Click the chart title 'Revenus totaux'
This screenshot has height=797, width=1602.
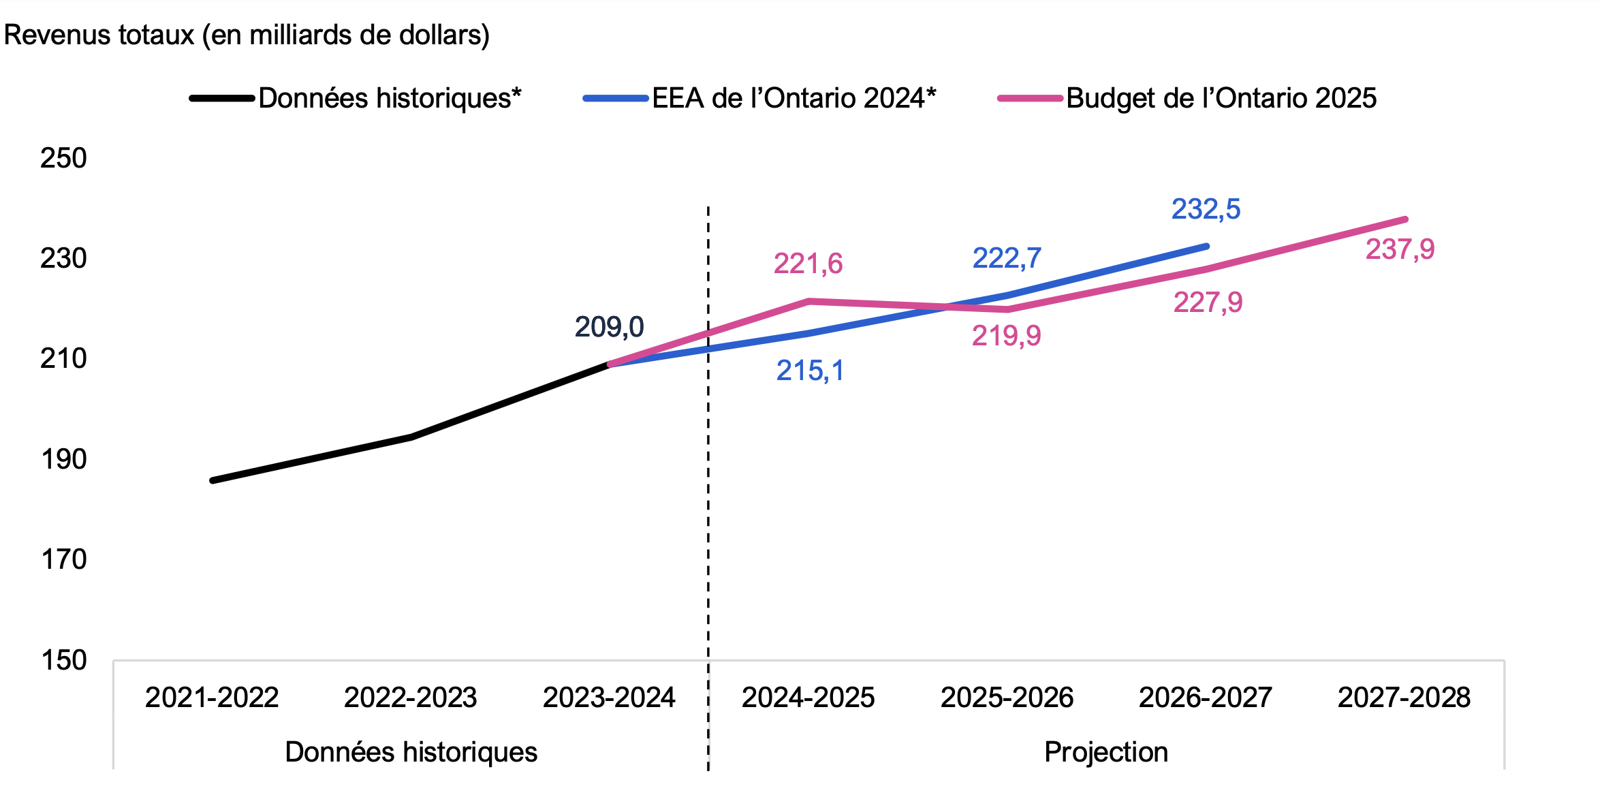click(247, 35)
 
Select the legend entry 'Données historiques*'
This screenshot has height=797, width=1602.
click(390, 98)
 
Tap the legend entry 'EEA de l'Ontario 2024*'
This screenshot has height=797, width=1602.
click(794, 98)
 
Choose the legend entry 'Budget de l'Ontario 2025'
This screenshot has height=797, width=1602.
click(1221, 98)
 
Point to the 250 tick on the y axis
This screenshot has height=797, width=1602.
click(63, 158)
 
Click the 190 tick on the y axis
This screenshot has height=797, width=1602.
click(63, 459)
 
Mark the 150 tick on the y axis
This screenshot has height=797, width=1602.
click(63, 660)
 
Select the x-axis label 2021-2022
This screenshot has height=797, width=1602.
click(212, 698)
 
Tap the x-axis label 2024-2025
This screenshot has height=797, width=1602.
click(808, 698)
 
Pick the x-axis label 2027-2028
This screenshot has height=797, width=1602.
click(1404, 698)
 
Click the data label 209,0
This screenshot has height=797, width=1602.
click(609, 327)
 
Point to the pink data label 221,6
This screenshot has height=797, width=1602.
click(808, 264)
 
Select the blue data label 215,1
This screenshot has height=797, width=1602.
click(810, 371)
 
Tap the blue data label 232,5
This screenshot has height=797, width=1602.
click(1206, 209)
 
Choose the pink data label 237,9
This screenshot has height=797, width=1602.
click(1400, 249)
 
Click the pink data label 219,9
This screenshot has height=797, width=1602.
click(1006, 336)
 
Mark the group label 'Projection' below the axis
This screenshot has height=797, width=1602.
click(1106, 752)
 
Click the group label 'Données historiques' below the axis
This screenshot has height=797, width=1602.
click(411, 752)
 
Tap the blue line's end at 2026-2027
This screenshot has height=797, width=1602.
click(1206, 246)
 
